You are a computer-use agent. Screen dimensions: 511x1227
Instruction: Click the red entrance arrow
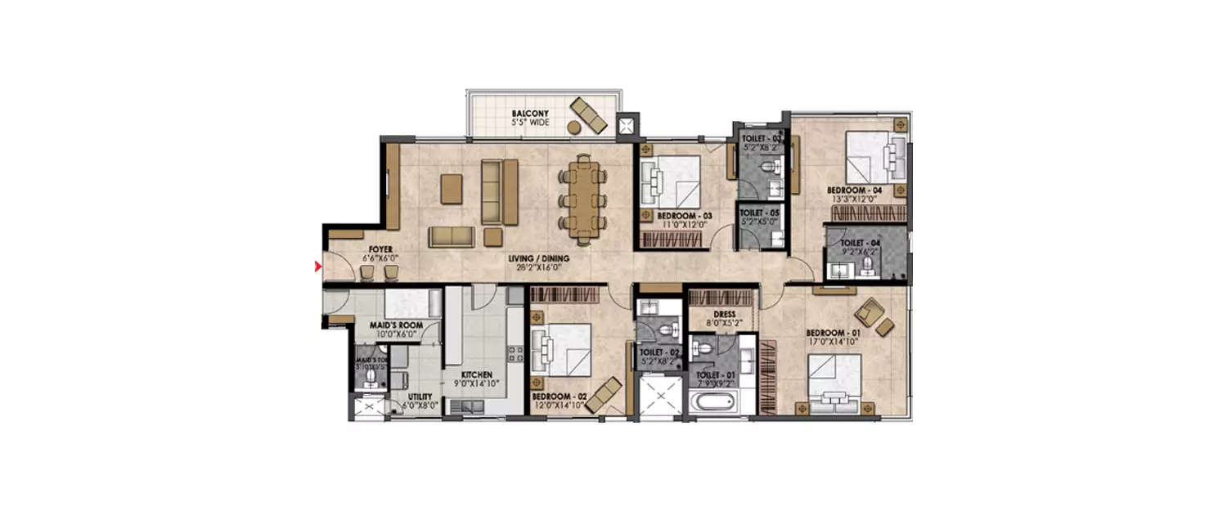(317, 266)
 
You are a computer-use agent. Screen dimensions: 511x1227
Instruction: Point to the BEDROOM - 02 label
(559, 397)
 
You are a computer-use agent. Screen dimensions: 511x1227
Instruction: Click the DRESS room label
(724, 314)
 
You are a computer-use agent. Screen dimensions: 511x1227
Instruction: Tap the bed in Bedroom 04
(873, 156)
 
